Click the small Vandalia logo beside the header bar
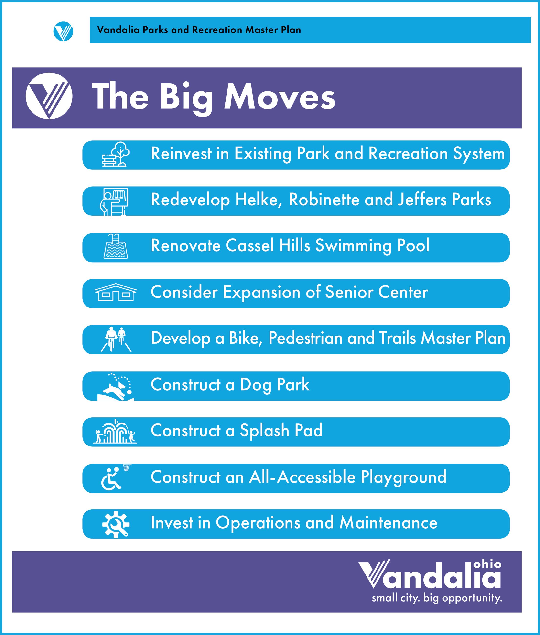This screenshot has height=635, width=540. click(x=63, y=31)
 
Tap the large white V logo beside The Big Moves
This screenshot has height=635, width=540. click(x=49, y=96)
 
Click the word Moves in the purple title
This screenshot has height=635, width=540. click(x=280, y=96)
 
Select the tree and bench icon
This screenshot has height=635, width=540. click(x=116, y=154)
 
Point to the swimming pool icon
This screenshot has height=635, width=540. click(x=116, y=246)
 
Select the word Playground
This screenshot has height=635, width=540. click(x=403, y=477)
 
